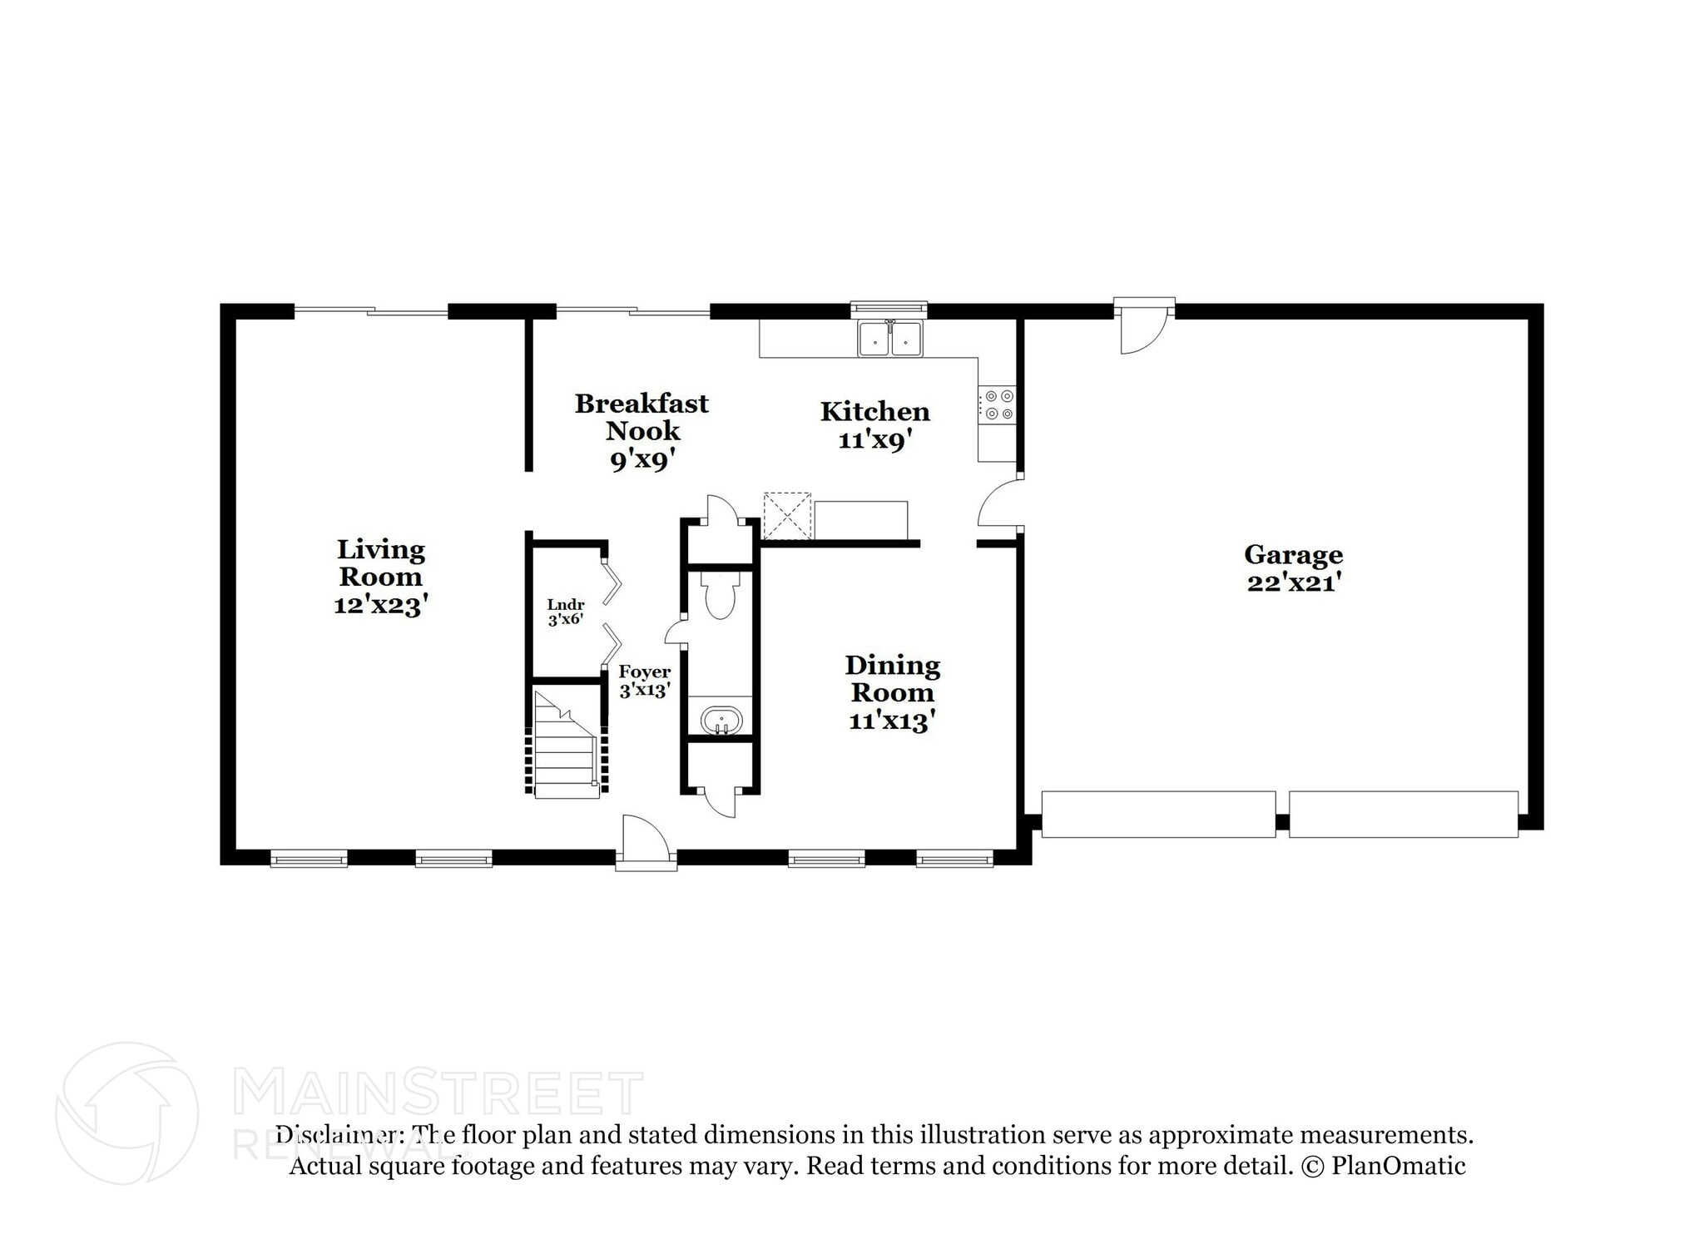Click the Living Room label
[380, 563]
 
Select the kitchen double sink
[890, 339]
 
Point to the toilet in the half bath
[719, 597]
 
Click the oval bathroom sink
[721, 720]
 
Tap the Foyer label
[644, 672]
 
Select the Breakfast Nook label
[641, 417]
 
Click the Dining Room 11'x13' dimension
[892, 721]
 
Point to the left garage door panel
[1158, 814]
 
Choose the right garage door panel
[1403, 814]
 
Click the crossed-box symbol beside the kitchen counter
[786, 516]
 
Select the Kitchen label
[874, 411]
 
